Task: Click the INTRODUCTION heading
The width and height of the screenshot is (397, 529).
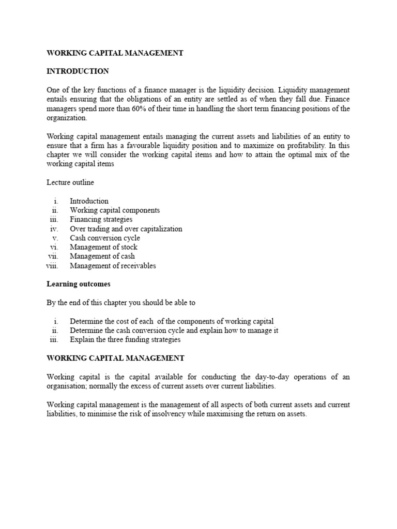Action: pyautogui.click(x=78, y=71)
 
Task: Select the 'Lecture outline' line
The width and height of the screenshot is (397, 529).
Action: pyautogui.click(x=70, y=182)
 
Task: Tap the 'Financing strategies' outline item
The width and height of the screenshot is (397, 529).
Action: pyautogui.click(x=101, y=220)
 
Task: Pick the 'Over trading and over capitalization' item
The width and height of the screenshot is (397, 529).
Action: pyautogui.click(x=126, y=229)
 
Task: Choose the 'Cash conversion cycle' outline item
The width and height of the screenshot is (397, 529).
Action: pyautogui.click(x=105, y=238)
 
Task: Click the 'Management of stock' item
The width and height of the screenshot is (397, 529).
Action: pyautogui.click(x=103, y=247)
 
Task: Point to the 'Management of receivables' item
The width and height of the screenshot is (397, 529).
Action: pyautogui.click(x=113, y=266)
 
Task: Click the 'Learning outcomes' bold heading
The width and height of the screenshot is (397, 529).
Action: pyautogui.click(x=79, y=284)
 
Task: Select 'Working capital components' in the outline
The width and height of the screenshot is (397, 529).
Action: pyautogui.click(x=115, y=210)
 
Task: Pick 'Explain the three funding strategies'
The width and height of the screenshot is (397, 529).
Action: pyautogui.click(x=125, y=340)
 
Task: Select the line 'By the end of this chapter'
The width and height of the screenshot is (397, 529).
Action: pyautogui.click(x=121, y=303)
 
